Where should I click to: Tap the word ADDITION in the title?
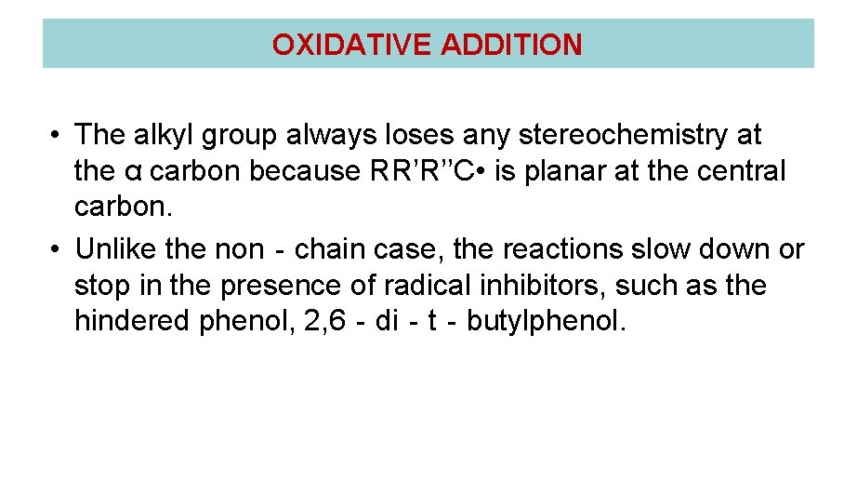point(512,45)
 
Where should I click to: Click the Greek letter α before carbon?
point(131,172)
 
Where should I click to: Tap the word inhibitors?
point(539,285)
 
